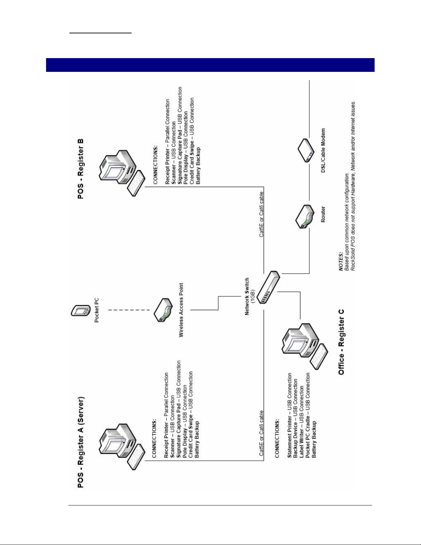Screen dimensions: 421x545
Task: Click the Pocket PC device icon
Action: [x=80, y=310]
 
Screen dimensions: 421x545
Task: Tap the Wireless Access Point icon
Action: [x=163, y=310]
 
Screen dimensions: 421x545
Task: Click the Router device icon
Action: [x=305, y=216]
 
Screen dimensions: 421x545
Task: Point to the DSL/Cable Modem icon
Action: [x=306, y=150]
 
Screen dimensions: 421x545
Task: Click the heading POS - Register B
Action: [x=80, y=169]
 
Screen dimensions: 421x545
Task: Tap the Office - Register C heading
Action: [x=341, y=342]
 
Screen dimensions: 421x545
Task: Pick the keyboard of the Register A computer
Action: [x=136, y=457]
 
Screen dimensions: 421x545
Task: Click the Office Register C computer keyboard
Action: [x=319, y=356]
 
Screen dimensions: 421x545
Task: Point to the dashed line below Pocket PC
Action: [x=129, y=310]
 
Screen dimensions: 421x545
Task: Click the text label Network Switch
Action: [x=247, y=296]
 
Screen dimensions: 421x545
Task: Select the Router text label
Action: [x=323, y=215]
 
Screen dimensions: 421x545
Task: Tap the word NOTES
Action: [x=341, y=261]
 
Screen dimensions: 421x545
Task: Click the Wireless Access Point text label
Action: [x=181, y=310]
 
